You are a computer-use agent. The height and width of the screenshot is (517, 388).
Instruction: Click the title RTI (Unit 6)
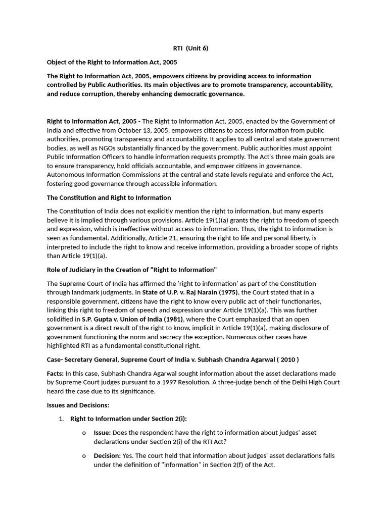[187, 48]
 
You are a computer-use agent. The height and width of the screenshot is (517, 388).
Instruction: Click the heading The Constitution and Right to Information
[109, 197]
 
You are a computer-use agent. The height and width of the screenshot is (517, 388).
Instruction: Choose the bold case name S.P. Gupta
[94, 319]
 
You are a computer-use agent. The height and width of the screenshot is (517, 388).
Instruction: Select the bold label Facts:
[56, 373]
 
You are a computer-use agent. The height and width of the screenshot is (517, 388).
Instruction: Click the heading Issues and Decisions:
[78, 405]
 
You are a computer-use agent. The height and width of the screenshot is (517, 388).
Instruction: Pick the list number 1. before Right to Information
[61, 419]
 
